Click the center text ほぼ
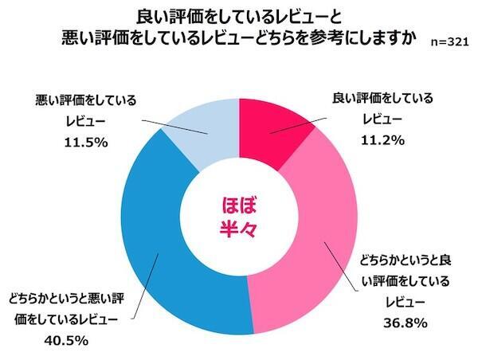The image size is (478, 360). (239, 204)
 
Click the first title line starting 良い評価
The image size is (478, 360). (239, 16)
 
